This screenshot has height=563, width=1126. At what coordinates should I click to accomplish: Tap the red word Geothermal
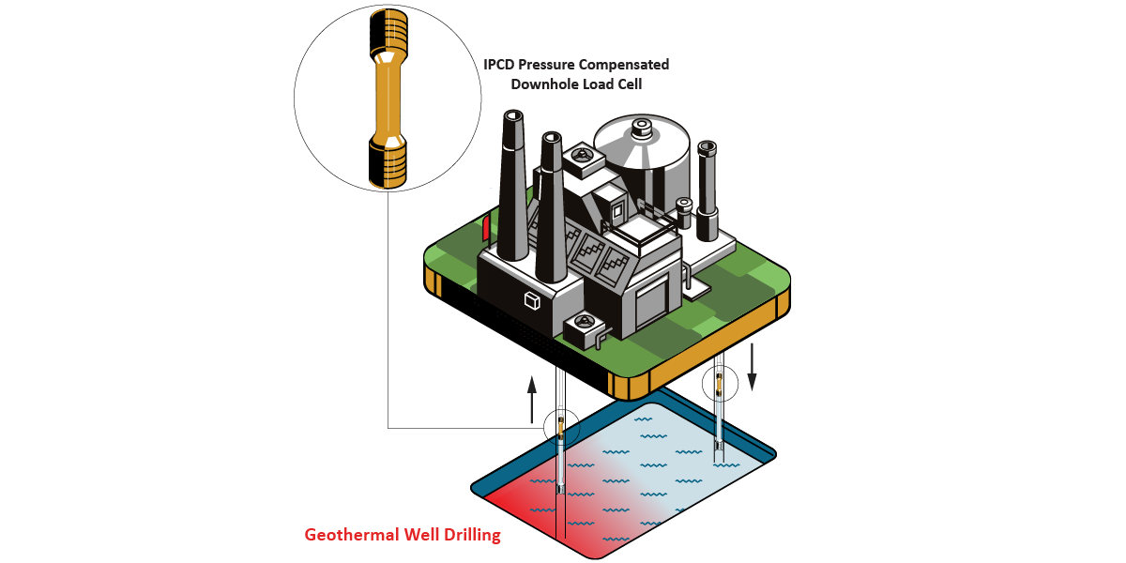tap(347, 536)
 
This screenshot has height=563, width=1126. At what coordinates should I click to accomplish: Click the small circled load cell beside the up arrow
tap(561, 428)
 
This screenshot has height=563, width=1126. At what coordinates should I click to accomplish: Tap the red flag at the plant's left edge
tap(486, 227)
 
